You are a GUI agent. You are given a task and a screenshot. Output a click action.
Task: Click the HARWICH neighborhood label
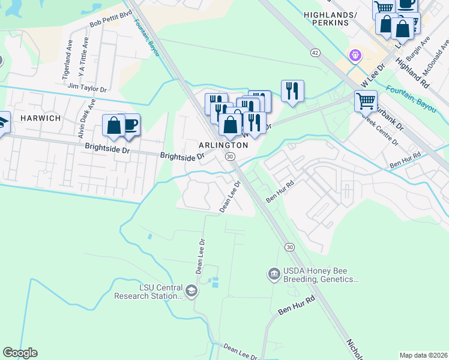click(x=40, y=118)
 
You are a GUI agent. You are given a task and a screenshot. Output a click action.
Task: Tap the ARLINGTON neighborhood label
click(x=224, y=146)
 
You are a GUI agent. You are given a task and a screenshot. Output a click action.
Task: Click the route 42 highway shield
click(x=315, y=53)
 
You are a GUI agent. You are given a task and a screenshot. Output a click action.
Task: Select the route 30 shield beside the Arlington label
click(x=229, y=157)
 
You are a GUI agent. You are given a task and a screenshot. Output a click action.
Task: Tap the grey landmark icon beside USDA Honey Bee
click(x=273, y=274)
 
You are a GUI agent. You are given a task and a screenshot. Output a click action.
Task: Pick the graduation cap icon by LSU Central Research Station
click(x=191, y=292)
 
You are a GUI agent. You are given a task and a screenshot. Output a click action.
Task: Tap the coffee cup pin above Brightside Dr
click(x=129, y=124)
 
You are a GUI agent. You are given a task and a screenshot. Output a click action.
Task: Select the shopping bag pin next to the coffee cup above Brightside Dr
click(x=113, y=125)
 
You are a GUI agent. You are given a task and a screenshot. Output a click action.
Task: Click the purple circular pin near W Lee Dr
click(x=355, y=55)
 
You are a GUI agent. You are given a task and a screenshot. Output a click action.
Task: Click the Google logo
click(x=20, y=353)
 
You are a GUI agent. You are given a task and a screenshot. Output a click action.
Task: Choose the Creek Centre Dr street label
click(x=379, y=128)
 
